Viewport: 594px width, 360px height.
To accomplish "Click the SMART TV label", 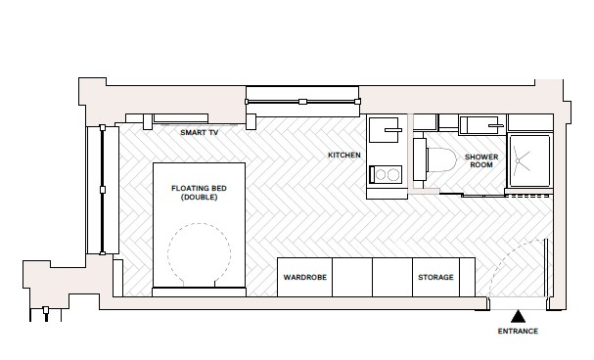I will [x=200, y=131].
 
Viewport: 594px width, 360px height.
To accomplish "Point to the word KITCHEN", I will [x=343, y=156].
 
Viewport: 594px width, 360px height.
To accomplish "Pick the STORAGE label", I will [x=435, y=277].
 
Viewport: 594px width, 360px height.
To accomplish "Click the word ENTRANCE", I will [x=518, y=332].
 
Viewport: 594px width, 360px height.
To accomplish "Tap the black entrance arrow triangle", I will [x=519, y=316].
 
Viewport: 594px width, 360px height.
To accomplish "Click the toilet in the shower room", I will [x=438, y=161].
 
